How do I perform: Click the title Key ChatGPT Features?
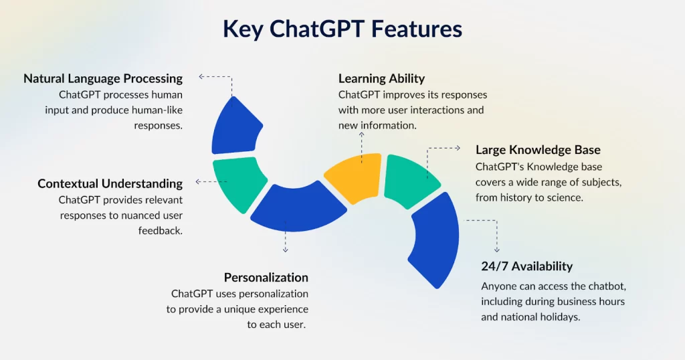342,29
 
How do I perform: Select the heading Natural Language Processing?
103,78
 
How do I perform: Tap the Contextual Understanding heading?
110,183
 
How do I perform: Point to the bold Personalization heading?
266,277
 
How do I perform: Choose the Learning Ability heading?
381,78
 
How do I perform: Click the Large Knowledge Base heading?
538,149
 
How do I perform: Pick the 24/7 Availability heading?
527,266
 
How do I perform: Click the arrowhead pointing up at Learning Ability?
361,134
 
